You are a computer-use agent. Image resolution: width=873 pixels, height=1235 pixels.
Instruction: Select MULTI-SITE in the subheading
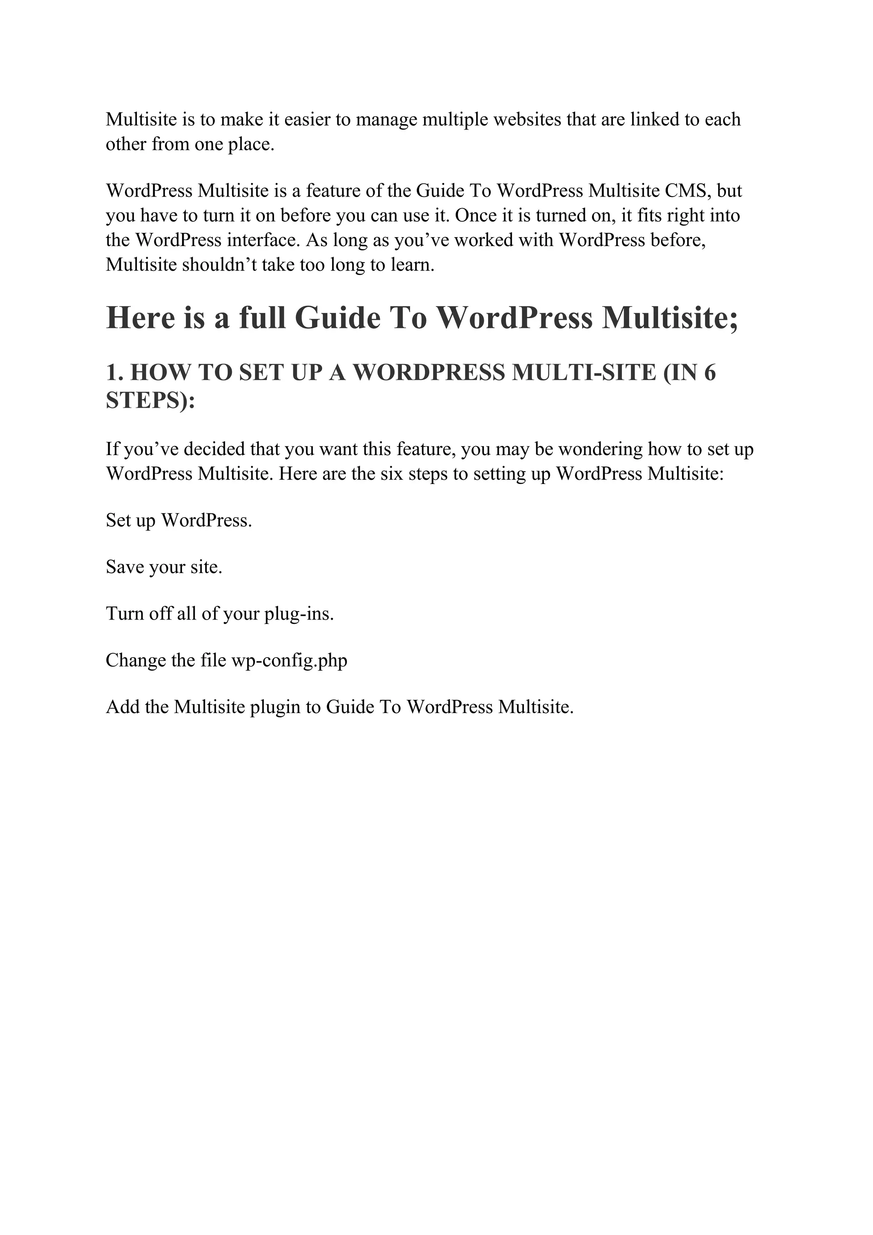pyautogui.click(x=584, y=372)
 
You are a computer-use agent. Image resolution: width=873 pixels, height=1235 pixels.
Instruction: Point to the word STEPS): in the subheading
pyautogui.click(x=150, y=400)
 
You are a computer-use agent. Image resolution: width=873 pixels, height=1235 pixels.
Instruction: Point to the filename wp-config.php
pyautogui.click(x=289, y=661)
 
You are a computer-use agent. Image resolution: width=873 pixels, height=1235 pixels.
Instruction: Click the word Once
pyautogui.click(x=476, y=216)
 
